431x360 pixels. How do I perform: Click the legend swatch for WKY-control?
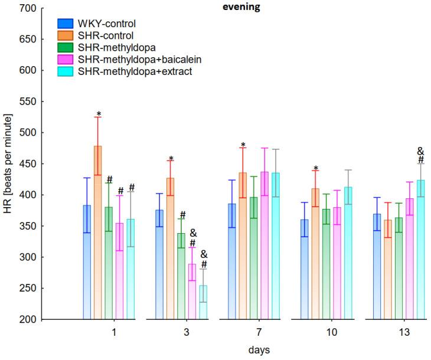[x=65, y=24]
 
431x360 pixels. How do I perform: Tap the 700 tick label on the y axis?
[x=28, y=8]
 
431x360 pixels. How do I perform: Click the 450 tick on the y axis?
[x=28, y=164]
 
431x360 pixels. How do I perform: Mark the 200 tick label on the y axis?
[x=28, y=320]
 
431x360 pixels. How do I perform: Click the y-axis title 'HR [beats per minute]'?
[x=8, y=164]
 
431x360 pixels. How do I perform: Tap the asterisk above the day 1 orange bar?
[x=99, y=114]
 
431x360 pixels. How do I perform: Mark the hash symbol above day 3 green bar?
[x=182, y=215]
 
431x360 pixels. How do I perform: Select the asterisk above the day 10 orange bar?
[x=316, y=169]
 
